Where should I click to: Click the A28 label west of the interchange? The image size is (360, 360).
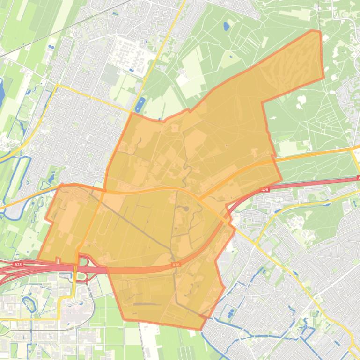coord(18,265)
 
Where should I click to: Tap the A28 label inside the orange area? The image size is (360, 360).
coord(176,265)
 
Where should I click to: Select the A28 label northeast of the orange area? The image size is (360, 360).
coord(264,190)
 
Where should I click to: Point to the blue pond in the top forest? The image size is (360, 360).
coord(227,26)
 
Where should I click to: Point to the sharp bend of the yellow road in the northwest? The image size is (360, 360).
coord(57,85)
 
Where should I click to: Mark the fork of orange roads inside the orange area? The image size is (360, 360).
coord(199,199)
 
